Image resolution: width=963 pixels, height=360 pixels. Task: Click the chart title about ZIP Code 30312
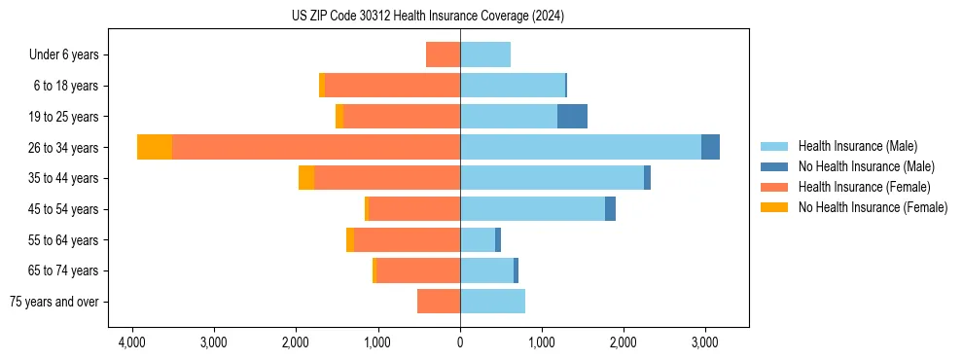(x=427, y=17)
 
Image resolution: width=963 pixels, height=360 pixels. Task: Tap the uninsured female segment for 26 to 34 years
(x=155, y=147)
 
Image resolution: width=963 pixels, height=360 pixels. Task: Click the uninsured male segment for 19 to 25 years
(x=572, y=116)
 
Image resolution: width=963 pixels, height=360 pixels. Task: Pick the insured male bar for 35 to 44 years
(x=552, y=178)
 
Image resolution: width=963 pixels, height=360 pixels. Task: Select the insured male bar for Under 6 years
(x=485, y=54)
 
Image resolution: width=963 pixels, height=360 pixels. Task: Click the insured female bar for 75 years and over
(x=439, y=302)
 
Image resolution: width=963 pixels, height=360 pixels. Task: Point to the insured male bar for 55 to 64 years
(x=478, y=239)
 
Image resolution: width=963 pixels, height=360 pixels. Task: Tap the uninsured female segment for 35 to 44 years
(x=306, y=178)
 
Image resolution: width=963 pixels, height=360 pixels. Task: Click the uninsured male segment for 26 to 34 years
(x=710, y=147)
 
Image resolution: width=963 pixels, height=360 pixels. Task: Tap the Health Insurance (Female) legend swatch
(x=774, y=187)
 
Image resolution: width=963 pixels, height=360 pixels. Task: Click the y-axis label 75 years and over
(x=54, y=302)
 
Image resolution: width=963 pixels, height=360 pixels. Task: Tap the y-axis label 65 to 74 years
(x=64, y=270)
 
